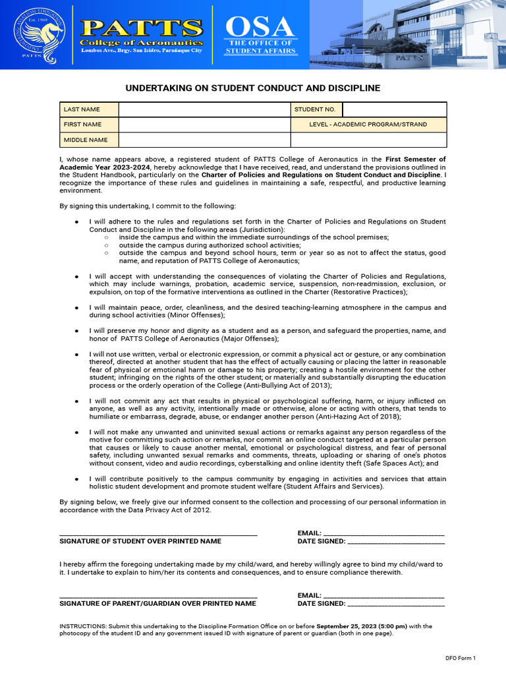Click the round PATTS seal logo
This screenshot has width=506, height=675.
coord(39,34)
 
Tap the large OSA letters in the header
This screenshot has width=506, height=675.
coord(260,27)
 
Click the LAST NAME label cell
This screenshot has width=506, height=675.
coord(89,109)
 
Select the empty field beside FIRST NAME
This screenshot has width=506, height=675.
coord(204,125)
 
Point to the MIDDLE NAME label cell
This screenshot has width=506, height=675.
coord(89,140)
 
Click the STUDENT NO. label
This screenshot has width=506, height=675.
coord(316,109)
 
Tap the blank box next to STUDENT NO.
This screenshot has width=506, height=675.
coord(394,109)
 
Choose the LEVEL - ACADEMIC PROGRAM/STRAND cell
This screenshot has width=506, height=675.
coord(368,125)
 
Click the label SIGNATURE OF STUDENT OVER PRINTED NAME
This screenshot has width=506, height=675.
coord(140,541)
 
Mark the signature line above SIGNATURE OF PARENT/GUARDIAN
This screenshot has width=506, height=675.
coord(158,596)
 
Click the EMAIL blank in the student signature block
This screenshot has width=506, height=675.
coord(383,533)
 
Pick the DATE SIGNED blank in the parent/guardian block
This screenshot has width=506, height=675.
coord(395,604)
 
